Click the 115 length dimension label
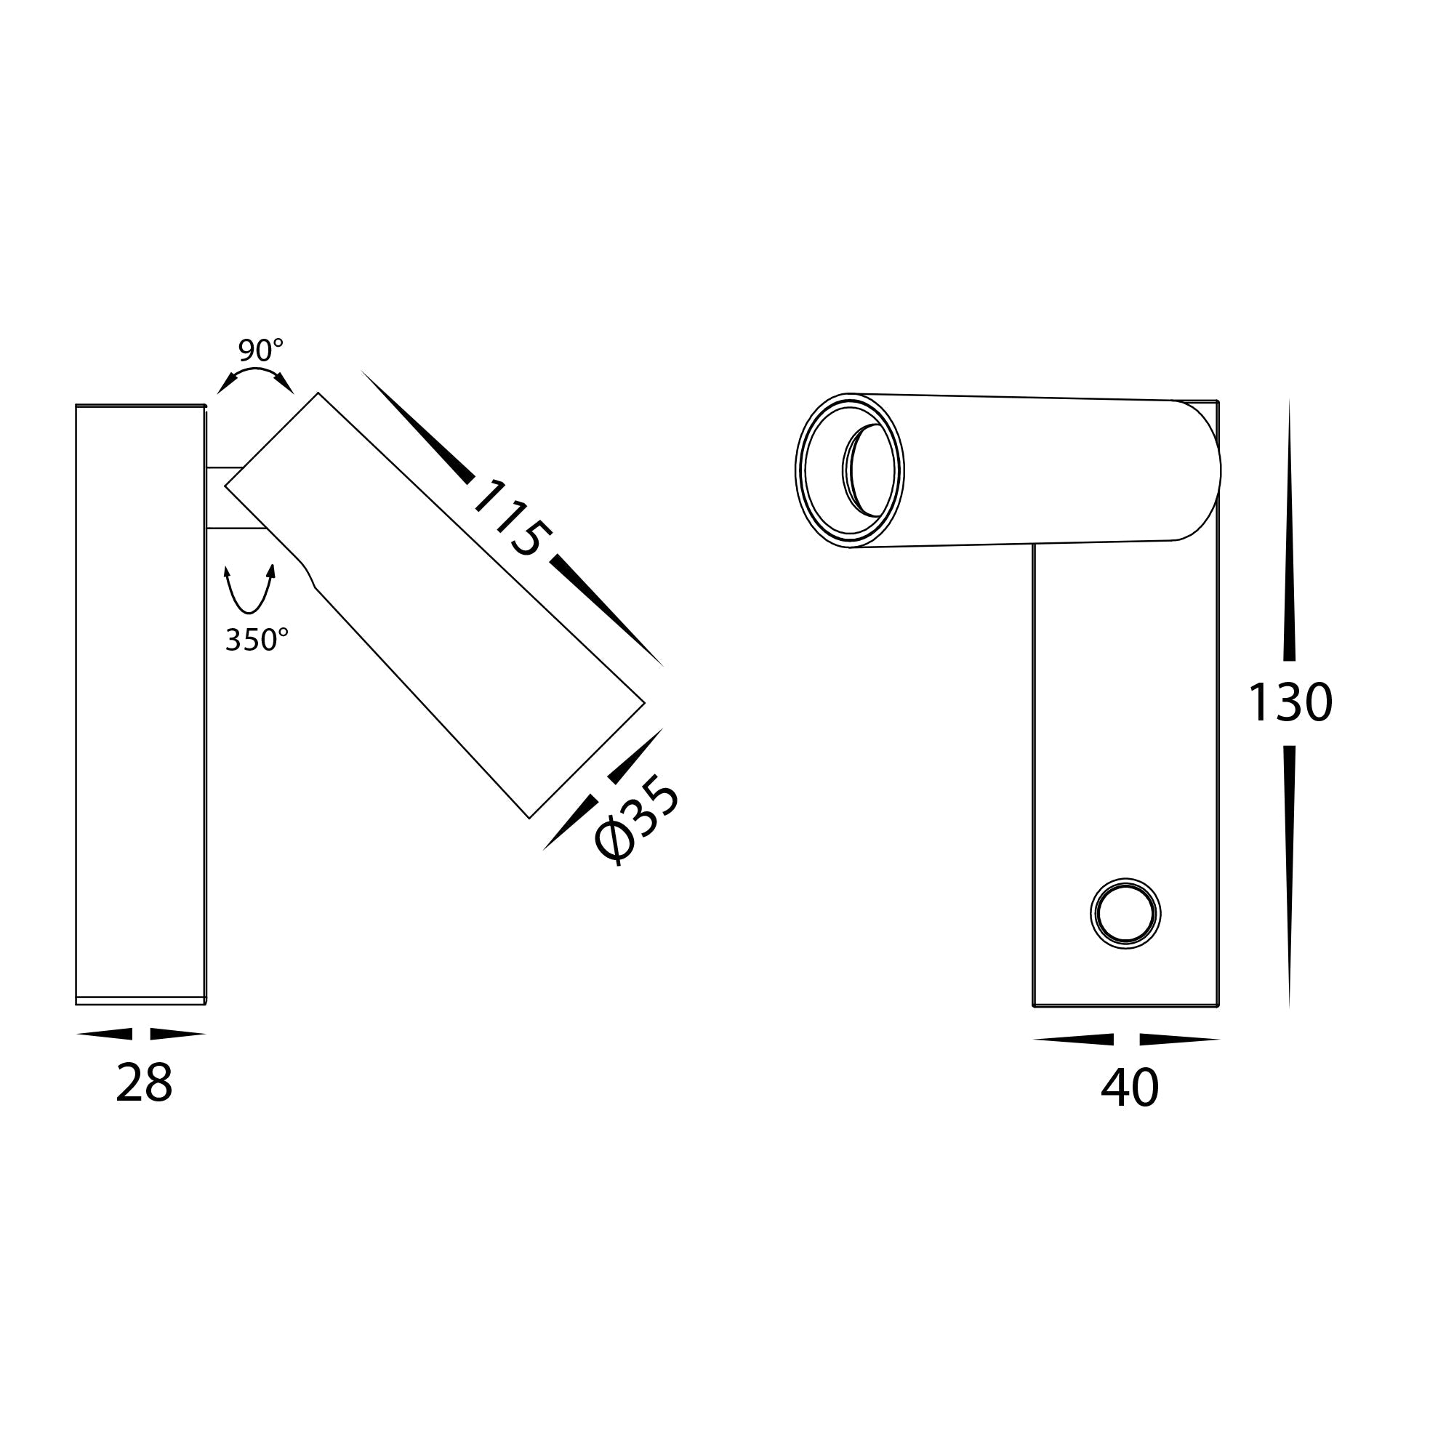(510, 519)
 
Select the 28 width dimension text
(144, 1085)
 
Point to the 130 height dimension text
(1290, 703)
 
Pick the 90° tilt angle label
(260, 350)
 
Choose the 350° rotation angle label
(257, 640)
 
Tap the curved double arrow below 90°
(255, 379)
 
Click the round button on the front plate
(1125, 915)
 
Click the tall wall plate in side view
(140, 704)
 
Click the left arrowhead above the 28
(105, 1034)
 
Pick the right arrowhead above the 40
(1178, 1040)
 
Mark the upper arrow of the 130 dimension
(1289, 542)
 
